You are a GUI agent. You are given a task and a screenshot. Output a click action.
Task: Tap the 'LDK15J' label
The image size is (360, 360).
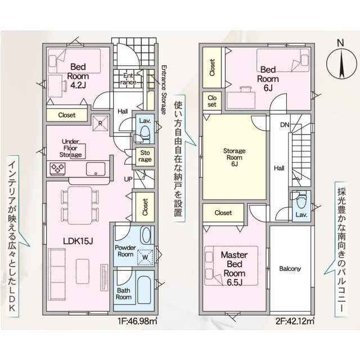78,241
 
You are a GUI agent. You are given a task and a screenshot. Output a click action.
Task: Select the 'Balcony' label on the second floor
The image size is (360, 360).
290,269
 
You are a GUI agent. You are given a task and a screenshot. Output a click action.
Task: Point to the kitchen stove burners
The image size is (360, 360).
57,168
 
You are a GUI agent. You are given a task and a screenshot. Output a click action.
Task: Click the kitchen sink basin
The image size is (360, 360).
96,169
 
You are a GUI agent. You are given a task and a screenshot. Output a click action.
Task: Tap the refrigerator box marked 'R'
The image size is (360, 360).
100,123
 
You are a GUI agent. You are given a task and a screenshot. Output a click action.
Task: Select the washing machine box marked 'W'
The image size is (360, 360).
145,257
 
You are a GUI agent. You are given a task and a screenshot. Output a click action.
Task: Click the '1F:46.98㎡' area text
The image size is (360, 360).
137,321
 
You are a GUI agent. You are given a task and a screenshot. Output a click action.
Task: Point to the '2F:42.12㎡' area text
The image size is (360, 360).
295,321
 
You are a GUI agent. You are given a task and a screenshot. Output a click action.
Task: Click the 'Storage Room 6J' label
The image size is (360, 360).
234,157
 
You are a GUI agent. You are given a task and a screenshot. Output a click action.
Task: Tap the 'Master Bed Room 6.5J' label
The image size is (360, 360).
234,268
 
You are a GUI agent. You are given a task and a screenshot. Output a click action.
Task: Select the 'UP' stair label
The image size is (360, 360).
128,179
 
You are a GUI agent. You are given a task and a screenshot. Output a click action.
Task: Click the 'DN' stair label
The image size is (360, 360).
285,125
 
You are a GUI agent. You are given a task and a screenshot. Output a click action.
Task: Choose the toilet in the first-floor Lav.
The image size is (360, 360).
145,134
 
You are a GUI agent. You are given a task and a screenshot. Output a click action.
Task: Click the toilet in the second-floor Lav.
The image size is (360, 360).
301,200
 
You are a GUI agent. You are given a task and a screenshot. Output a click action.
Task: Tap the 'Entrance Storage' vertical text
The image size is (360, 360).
164,90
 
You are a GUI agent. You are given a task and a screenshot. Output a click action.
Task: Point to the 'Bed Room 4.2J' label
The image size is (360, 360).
78,76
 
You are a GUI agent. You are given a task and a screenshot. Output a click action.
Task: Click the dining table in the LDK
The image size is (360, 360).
80,205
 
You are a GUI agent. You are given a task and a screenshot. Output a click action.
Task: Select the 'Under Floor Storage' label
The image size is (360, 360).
70,148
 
